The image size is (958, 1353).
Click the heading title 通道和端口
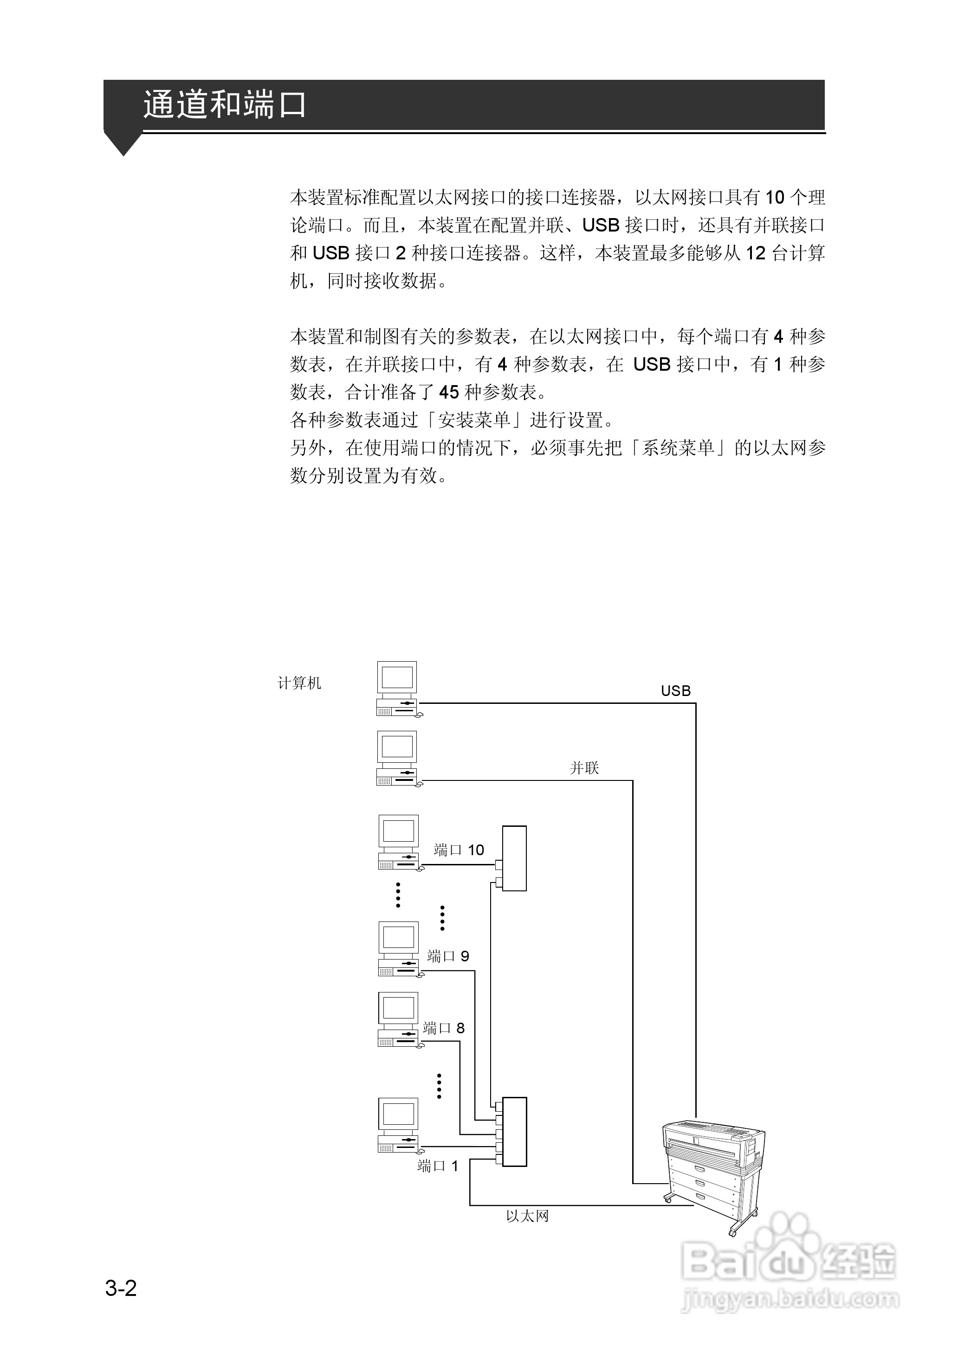tap(224, 105)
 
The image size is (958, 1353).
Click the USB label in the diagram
tap(675, 690)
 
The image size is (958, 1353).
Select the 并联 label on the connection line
tap(584, 767)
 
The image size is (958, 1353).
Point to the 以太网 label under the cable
tap(527, 1216)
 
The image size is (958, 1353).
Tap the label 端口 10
tap(459, 850)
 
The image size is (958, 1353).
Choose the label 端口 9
tap(448, 956)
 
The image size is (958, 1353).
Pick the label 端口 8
tap(444, 1028)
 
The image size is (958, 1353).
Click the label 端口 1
tap(437, 1166)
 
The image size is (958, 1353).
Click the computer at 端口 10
tap(399, 842)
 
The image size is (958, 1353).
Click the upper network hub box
tap(514, 858)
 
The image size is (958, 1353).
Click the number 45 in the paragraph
tap(449, 392)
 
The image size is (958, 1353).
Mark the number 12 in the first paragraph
tap(756, 253)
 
